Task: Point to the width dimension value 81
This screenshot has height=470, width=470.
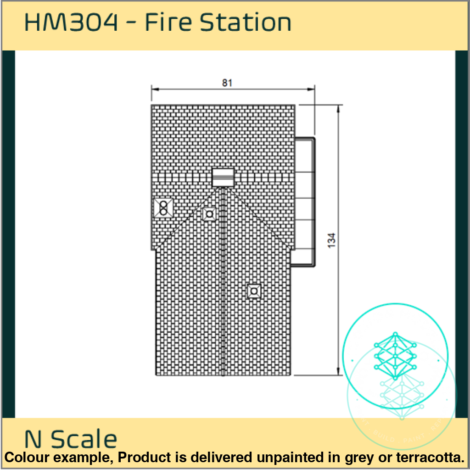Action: [x=227, y=83]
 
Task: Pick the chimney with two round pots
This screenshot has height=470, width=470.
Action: [x=163, y=208]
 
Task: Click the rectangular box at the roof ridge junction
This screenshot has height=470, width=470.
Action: [x=223, y=177]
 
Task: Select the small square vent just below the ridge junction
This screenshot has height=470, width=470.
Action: [x=209, y=213]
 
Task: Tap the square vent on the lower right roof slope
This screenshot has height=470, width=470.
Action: [x=254, y=291]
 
